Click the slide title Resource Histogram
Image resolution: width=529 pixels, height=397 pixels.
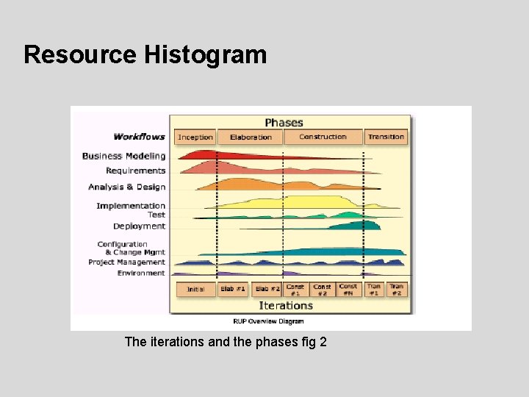tap(145, 54)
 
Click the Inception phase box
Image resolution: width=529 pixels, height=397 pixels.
tap(195, 137)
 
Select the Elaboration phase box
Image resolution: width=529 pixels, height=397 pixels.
tap(251, 137)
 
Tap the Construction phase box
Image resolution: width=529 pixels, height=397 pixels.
tap(323, 137)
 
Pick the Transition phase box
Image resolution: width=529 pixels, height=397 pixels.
tap(386, 137)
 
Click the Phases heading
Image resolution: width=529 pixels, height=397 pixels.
tap(284, 122)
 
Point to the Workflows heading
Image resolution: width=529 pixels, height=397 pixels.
tap(140, 137)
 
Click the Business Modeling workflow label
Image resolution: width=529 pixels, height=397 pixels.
tap(124, 156)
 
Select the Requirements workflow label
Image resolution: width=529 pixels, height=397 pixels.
tap(136, 171)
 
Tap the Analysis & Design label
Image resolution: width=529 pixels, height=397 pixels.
tap(127, 187)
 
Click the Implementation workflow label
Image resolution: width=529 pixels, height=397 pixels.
tap(131, 206)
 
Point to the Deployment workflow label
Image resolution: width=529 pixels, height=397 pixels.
tap(140, 226)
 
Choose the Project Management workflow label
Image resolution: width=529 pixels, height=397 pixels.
tap(126, 262)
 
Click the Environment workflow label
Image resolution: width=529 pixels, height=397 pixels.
tap(141, 273)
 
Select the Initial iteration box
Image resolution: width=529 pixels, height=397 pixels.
tap(195, 289)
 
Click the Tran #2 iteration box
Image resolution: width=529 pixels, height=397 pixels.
tap(397, 289)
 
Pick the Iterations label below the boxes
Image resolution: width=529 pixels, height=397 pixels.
tap(286, 305)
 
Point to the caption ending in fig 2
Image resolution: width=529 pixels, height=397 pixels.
tap(226, 342)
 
